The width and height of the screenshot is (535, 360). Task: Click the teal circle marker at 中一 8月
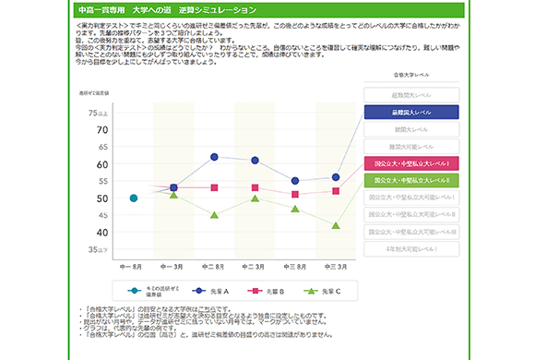pyautogui.click(x=134, y=198)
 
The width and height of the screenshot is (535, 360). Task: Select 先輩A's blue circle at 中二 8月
pyautogui.click(x=214, y=157)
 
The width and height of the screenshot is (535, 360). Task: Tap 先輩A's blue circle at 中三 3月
pyautogui.click(x=336, y=176)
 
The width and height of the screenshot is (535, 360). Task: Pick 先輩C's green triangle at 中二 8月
pyautogui.click(x=214, y=215)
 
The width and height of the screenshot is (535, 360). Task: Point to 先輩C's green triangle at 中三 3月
pyautogui.click(x=336, y=225)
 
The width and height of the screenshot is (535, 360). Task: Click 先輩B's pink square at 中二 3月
pyautogui.click(x=255, y=187)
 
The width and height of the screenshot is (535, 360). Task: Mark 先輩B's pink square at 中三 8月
pyautogui.click(x=295, y=194)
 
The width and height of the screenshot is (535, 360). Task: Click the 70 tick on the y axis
pyautogui.click(x=102, y=130)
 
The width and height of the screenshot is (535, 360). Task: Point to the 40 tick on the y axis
pyautogui.click(x=102, y=233)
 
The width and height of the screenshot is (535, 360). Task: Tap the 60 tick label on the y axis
pyautogui.click(x=102, y=164)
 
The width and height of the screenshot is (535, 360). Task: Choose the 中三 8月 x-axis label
pyautogui.click(x=295, y=267)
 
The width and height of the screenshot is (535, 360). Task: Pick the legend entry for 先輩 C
pyautogui.click(x=324, y=291)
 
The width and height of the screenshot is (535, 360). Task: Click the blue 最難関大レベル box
pyautogui.click(x=411, y=113)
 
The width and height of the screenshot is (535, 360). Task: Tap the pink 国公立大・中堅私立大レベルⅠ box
pyautogui.click(x=411, y=163)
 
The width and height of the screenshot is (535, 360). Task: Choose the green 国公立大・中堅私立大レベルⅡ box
pyautogui.click(x=411, y=180)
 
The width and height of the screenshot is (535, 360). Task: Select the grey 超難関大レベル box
pyautogui.click(x=411, y=96)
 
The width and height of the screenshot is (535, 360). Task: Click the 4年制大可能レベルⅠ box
pyautogui.click(x=411, y=248)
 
